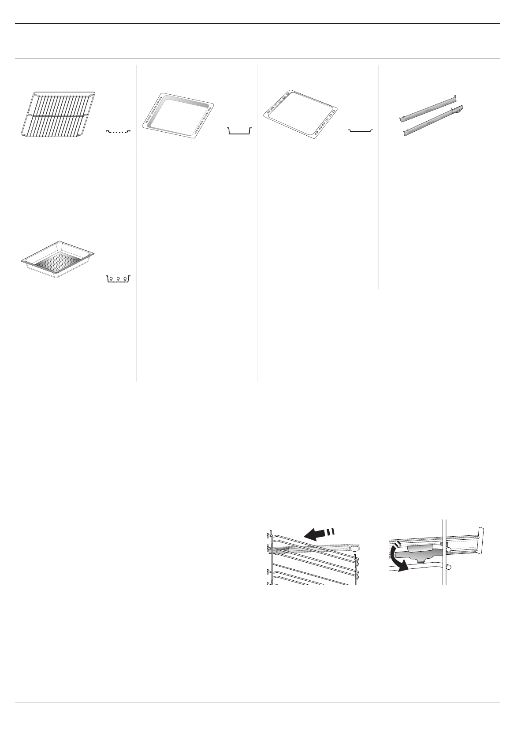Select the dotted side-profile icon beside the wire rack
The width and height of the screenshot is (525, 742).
pyautogui.click(x=119, y=131)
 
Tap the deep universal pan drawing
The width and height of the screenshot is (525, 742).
pyautogui.click(x=178, y=113)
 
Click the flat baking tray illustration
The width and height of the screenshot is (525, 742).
pyautogui.click(x=300, y=113)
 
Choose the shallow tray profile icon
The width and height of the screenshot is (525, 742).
pyautogui.click(x=361, y=131)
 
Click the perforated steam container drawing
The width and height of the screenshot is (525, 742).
pyautogui.click(x=58, y=260)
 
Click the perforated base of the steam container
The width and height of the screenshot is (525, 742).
pyautogui.click(x=57, y=263)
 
